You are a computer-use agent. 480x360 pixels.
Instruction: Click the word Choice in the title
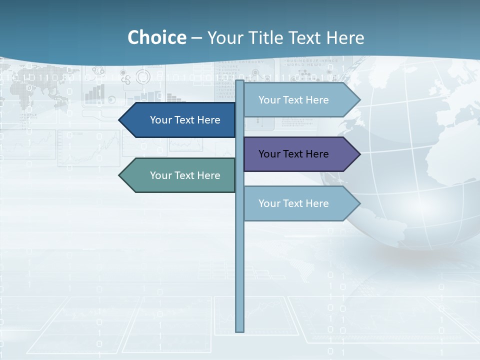coord(156,38)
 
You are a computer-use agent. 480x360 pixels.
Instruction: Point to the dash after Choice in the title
coord(196,38)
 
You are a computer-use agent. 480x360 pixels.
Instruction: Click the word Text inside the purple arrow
coord(293,154)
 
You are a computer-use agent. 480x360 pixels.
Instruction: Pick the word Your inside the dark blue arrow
coord(160,120)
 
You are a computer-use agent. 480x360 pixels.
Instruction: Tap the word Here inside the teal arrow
coord(208,175)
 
